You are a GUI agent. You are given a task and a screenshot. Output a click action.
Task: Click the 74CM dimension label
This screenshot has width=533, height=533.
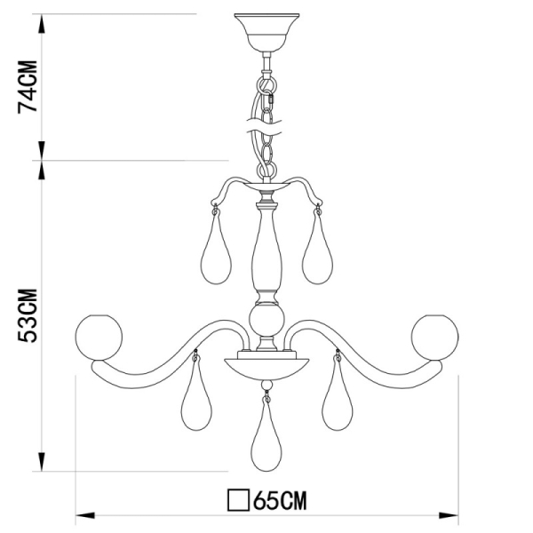pos(29,87)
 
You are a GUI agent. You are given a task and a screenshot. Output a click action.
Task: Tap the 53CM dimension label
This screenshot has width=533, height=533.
pos(29,316)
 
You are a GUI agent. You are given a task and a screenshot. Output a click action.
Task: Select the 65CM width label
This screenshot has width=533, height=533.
pos(279,500)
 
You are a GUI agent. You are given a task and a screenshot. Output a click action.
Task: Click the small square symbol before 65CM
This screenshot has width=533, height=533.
pos(238,500)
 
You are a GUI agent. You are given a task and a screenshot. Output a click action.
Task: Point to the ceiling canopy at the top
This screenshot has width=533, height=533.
pos(265,31)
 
